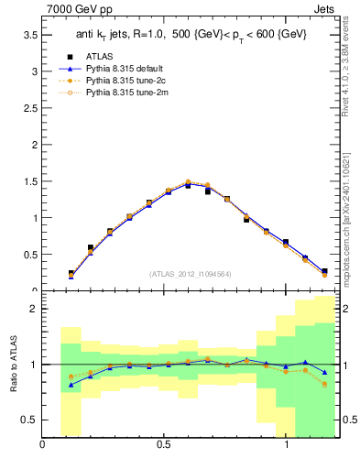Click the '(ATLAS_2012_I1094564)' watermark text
(x=190, y=273)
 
